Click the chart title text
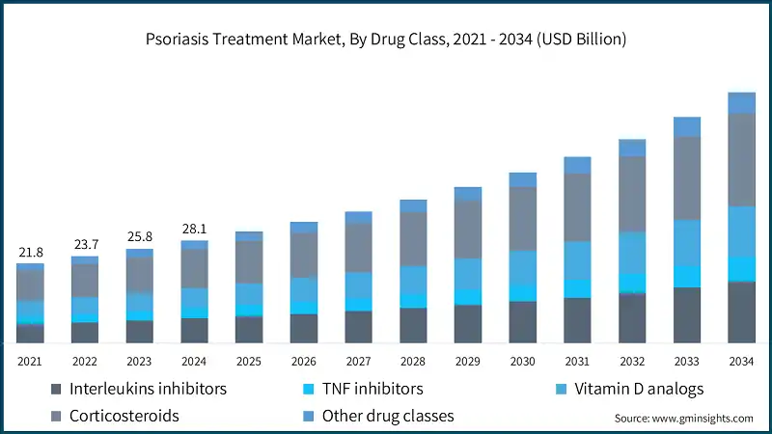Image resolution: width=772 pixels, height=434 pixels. click(x=386, y=40)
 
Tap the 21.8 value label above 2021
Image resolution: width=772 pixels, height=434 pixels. click(x=30, y=252)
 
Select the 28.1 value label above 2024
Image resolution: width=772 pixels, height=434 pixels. click(x=194, y=229)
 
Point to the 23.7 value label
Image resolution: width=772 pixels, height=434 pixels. click(x=85, y=244)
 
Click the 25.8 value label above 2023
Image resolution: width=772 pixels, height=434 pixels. click(x=140, y=236)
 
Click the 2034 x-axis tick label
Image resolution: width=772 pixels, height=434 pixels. click(x=741, y=361)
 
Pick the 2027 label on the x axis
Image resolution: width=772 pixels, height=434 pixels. click(x=358, y=361)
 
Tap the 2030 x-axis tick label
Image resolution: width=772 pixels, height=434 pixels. click(x=522, y=361)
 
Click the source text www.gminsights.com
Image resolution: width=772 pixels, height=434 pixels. click(x=683, y=419)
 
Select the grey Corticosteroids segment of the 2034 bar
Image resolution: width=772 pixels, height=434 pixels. click(x=741, y=160)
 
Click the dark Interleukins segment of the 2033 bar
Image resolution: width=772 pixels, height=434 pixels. click(x=686, y=314)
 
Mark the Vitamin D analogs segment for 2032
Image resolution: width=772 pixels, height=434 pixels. click(x=632, y=252)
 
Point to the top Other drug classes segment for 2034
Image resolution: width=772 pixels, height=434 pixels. click(x=741, y=103)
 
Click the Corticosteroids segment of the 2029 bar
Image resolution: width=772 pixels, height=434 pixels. click(x=468, y=229)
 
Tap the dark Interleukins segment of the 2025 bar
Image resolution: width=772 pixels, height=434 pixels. click(x=249, y=329)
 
